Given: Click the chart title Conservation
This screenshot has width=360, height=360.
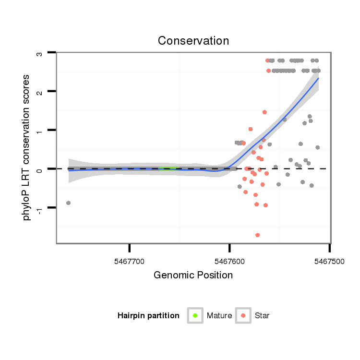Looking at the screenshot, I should tap(193, 41).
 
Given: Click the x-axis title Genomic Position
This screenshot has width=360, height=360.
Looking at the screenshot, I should tap(193, 276).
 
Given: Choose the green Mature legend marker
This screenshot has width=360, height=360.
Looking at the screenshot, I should tap(195, 315).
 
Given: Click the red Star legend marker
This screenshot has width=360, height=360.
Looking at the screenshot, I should tap(243, 315).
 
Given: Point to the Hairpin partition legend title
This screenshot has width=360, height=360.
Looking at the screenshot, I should tap(148, 316).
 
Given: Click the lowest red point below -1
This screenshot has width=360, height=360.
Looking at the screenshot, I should tap(258, 235).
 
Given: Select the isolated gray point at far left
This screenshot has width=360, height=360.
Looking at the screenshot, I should tap(68, 203).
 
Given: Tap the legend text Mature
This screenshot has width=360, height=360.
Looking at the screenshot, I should tap(219, 316).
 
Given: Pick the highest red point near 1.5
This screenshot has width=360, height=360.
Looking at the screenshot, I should tap(264, 112).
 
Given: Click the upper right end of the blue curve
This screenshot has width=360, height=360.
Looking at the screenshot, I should tap(318, 78).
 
